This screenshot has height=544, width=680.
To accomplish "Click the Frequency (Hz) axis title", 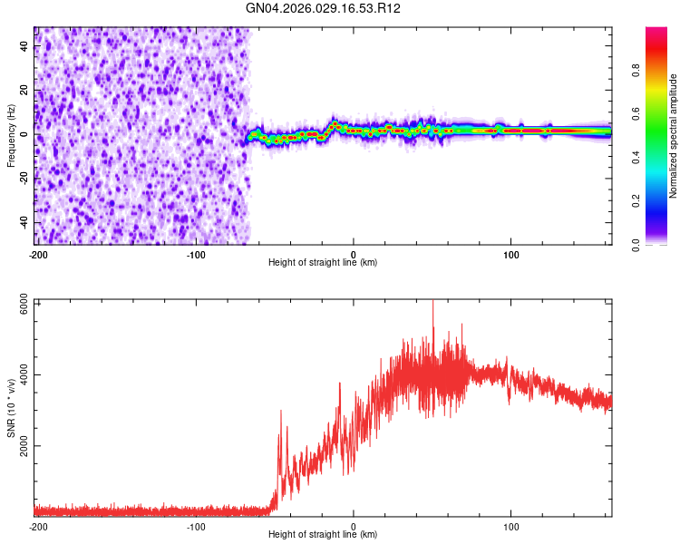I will [x=11, y=135].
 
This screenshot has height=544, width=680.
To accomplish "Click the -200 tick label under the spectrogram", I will [x=37, y=253].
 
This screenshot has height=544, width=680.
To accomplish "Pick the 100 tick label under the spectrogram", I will [x=511, y=253].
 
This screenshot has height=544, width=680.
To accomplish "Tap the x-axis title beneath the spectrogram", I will [x=323, y=263].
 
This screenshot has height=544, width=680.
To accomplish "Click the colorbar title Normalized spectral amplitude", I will [x=674, y=136].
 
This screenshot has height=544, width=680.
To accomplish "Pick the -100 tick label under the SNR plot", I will [x=195, y=526].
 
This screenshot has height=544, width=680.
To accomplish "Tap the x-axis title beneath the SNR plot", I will [x=323, y=535].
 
